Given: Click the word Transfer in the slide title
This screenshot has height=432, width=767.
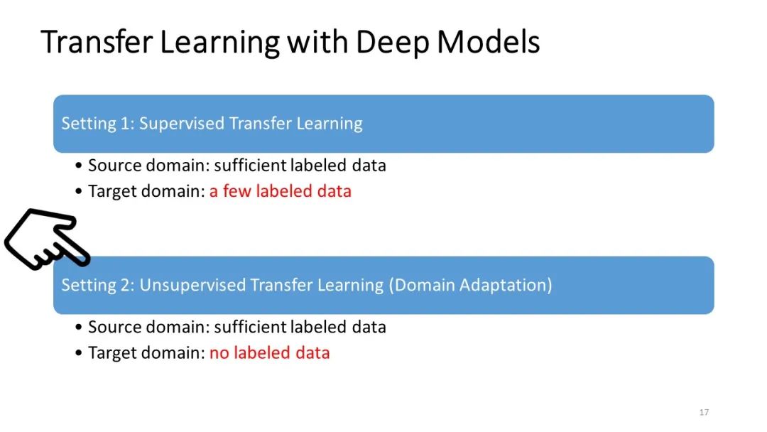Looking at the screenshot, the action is (97, 42).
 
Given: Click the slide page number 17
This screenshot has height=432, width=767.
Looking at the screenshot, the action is (704, 412).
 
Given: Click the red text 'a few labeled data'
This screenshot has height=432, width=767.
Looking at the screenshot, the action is (280, 191).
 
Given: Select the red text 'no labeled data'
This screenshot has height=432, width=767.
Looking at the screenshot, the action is (269, 352).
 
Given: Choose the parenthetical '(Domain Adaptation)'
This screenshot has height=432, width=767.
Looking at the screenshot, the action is (470, 285).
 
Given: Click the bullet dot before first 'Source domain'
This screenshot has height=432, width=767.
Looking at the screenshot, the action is (78, 166).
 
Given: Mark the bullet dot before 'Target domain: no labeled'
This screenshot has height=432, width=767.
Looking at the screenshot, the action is (78, 353).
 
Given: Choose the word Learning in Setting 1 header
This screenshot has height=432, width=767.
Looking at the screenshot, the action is (329, 124).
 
